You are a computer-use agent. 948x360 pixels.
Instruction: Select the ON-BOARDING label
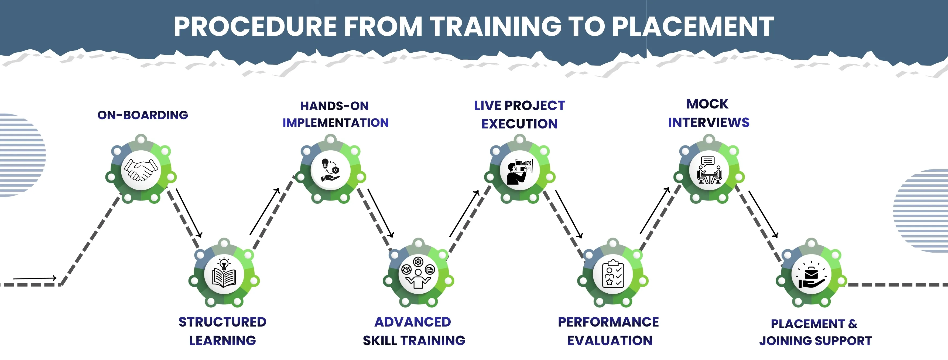coord(142,115)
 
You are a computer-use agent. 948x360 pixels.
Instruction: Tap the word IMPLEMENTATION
coord(335,123)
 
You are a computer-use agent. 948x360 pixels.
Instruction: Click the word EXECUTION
coord(519,124)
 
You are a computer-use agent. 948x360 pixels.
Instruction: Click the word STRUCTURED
coord(222,322)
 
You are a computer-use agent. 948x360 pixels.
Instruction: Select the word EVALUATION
coord(610,341)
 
